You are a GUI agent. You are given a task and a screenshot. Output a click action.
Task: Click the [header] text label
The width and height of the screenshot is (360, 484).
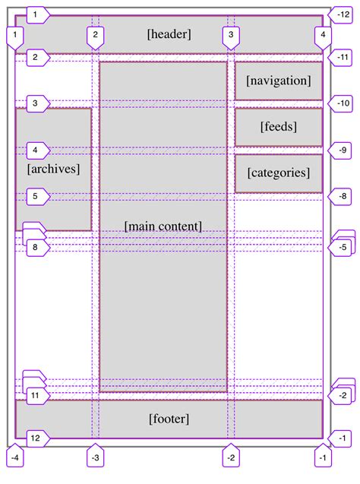click(x=169, y=33)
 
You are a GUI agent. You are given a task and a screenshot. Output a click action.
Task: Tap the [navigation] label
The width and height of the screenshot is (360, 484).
click(x=278, y=81)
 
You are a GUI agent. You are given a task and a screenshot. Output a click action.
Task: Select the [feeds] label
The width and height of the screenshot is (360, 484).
click(x=278, y=126)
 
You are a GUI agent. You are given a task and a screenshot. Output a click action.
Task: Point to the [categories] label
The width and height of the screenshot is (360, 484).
click(x=278, y=172)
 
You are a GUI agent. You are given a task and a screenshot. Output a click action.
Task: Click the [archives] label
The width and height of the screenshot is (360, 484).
click(x=53, y=169)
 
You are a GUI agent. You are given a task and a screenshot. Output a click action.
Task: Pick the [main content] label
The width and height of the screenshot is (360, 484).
click(x=163, y=226)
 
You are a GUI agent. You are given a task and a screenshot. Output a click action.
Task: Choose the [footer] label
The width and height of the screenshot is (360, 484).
click(x=169, y=419)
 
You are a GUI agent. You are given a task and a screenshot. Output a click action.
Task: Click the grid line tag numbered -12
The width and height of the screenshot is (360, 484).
click(x=343, y=14)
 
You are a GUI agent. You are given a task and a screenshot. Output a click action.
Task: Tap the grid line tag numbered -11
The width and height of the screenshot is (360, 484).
click(x=343, y=57)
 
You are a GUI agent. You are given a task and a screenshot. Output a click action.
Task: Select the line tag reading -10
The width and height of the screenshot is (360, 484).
click(x=343, y=103)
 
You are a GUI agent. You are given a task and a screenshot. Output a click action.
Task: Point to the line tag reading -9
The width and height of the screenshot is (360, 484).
click(x=343, y=150)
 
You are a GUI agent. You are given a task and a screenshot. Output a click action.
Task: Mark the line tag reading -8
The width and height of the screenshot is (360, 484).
click(x=343, y=196)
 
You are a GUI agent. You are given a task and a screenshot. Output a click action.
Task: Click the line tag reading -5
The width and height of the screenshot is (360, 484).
click(x=343, y=248)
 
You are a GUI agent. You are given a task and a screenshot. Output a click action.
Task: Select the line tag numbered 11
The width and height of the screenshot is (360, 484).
click(x=35, y=397)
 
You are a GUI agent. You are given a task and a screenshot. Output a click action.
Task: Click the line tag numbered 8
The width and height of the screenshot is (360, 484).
click(x=35, y=248)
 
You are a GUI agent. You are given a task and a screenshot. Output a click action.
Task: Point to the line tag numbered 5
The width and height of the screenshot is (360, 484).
click(x=35, y=196)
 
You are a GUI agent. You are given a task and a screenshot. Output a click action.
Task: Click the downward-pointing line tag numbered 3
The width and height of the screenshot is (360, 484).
click(x=231, y=35)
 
